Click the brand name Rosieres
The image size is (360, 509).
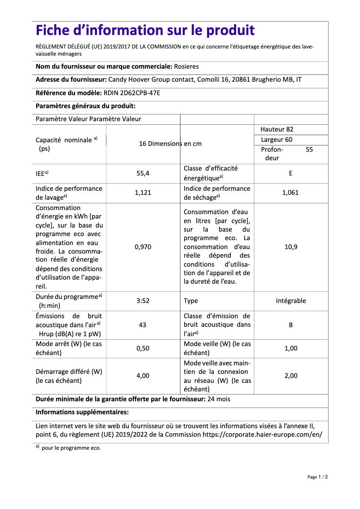[x=186, y=66]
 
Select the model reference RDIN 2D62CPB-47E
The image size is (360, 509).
[x=132, y=93]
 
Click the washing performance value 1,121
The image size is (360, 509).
[x=143, y=193]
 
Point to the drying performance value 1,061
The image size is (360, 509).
[x=290, y=193]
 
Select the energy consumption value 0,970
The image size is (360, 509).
[x=143, y=247]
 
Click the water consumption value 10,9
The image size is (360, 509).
[x=291, y=247]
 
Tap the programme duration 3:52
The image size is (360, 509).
[x=143, y=301]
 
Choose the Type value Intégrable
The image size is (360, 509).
[x=291, y=301]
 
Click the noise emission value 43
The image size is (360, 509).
[x=143, y=325]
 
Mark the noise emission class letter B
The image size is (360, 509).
[x=291, y=325]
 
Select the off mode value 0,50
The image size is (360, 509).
[x=143, y=348]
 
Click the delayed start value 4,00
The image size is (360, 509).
[x=143, y=376]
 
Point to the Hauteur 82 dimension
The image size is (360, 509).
[x=277, y=129]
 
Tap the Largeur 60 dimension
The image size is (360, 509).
[x=277, y=140]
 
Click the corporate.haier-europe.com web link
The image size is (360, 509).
[x=262, y=434]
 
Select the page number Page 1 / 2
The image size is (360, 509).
[x=318, y=477]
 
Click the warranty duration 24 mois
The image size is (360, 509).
[x=220, y=399]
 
